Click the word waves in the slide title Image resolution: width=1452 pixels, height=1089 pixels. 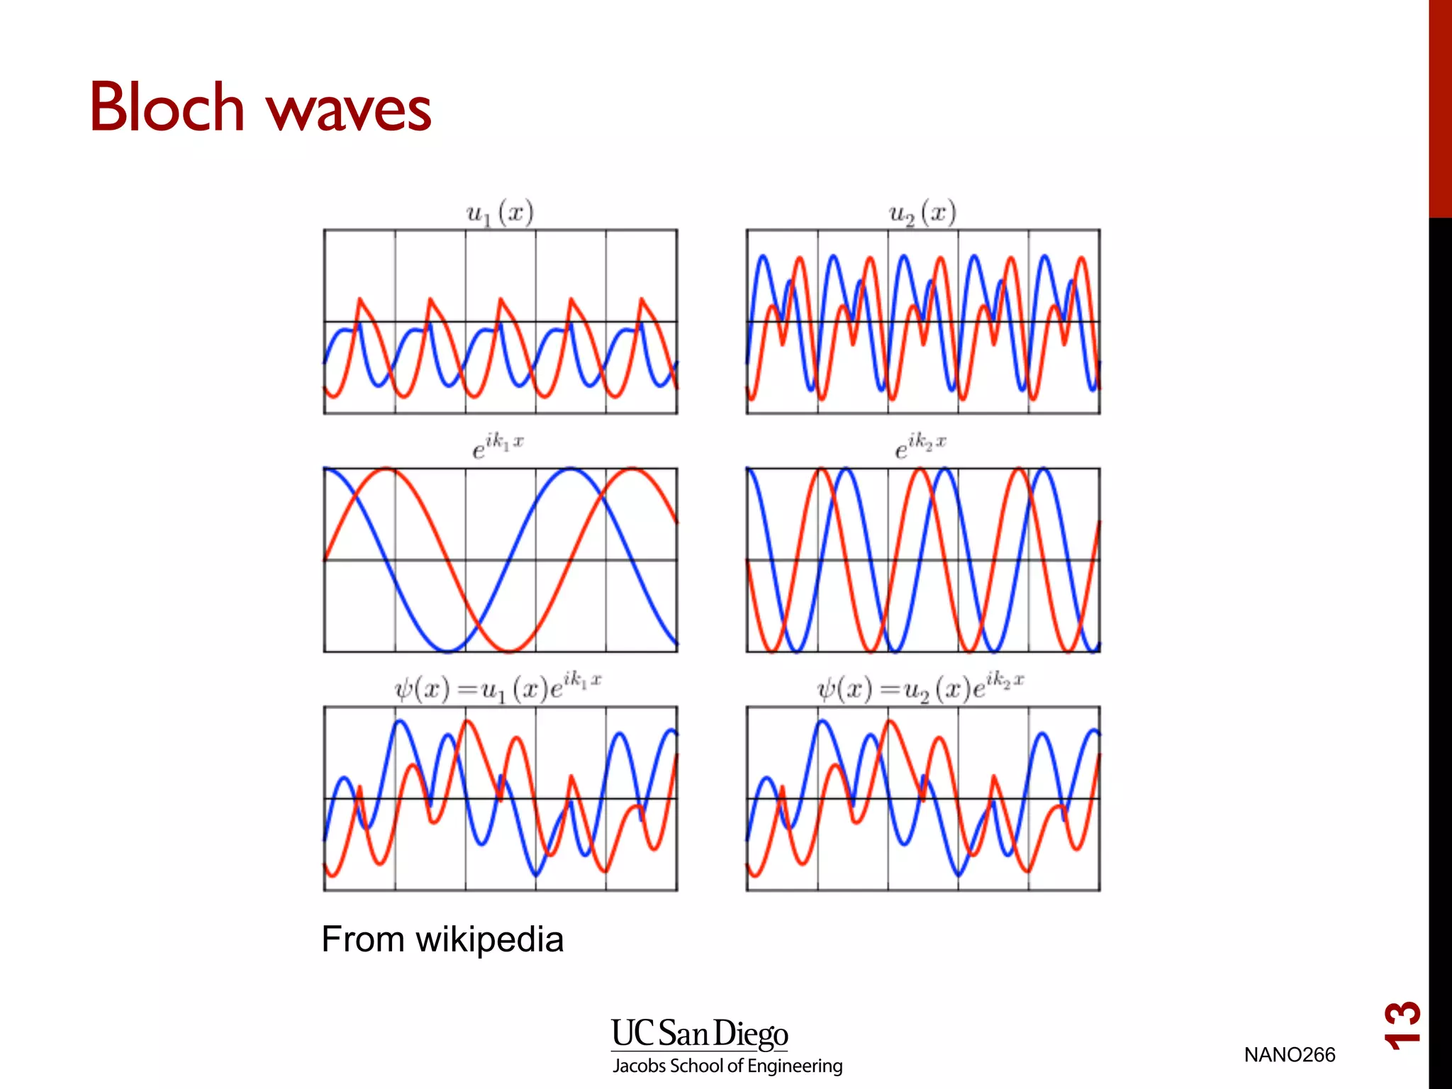pos(349,111)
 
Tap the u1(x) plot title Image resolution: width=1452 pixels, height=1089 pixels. pos(500,213)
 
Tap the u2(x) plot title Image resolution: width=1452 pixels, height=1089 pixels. pos(922,213)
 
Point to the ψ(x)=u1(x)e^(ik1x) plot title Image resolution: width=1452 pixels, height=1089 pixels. pos(498,688)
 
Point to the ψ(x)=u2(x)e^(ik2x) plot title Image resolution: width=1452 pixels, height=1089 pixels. pos(920,688)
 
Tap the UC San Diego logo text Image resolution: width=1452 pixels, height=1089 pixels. pos(700,1034)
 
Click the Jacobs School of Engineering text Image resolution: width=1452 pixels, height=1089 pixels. pos(727,1066)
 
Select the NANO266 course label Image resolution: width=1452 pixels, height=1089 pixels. pos(1290,1055)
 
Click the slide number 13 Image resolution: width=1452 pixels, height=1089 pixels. pos(1402,1025)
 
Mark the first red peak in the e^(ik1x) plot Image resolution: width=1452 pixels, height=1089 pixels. pos(386,469)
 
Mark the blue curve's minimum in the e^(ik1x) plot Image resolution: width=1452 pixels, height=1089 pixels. pos(448,650)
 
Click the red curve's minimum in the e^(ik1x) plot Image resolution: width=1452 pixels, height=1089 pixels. pos(509,650)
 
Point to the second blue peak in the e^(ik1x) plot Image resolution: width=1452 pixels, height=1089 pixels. pos(571,469)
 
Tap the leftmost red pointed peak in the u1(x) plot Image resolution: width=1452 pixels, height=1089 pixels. pos(360,300)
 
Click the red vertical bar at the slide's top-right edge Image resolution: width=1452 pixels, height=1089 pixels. pos(1440,106)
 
